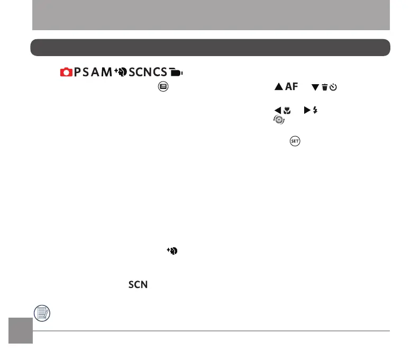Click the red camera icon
66,73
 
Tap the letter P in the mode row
78,73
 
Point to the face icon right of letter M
119,73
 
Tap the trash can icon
324,86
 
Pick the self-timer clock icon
333,86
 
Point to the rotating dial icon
278,120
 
